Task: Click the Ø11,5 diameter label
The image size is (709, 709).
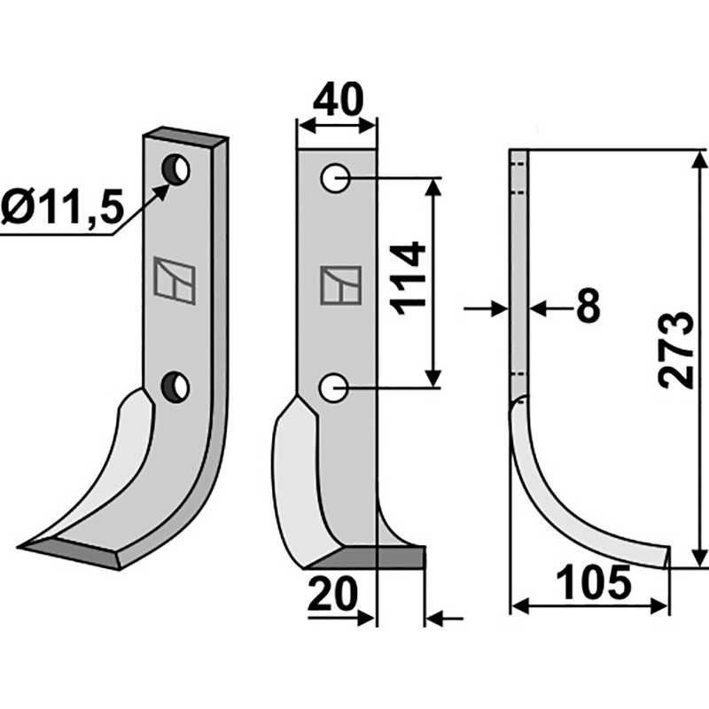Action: click(x=62, y=207)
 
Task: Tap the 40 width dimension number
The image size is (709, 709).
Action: click(x=339, y=98)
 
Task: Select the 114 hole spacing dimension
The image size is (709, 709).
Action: click(x=409, y=278)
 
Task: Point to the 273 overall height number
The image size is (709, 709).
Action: click(x=675, y=349)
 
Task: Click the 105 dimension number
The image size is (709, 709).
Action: click(x=593, y=582)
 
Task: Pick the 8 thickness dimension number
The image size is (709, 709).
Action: click(x=588, y=305)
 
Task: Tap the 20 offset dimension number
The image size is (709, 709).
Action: click(x=332, y=594)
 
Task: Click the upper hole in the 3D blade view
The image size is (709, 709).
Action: click(x=176, y=169)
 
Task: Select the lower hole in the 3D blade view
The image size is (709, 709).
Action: click(x=175, y=387)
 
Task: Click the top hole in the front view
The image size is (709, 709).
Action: click(x=335, y=178)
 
